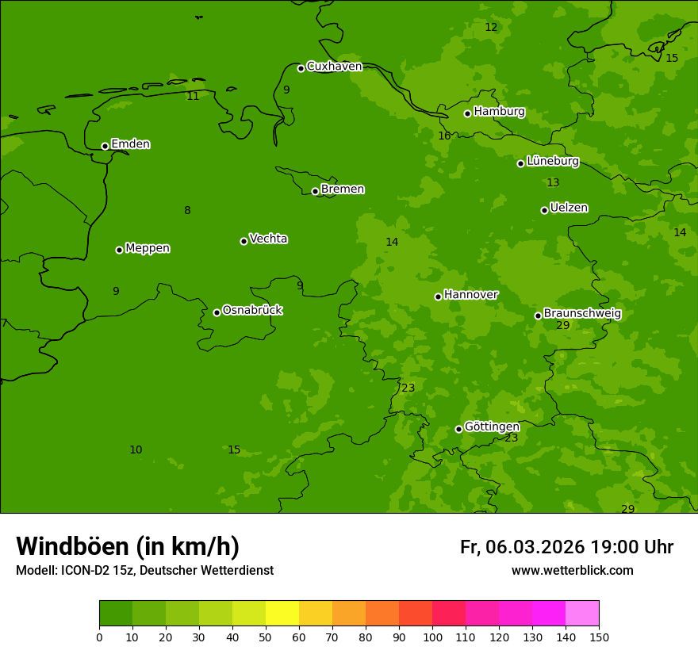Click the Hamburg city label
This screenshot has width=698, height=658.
coord(499,112)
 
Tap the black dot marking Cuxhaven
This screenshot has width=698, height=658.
coord(301,68)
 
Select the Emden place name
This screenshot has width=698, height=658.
coord(130,144)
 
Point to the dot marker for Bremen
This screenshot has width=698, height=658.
coord(315,191)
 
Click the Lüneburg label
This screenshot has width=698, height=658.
coord(552,162)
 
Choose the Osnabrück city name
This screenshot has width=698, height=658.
coord(252,311)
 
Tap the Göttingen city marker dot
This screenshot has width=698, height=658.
coord(458,429)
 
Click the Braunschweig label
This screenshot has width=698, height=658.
coord(582,314)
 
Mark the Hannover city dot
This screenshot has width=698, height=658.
coord(438,296)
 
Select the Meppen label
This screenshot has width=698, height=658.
coord(148,248)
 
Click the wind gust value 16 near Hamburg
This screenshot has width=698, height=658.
coord(444,136)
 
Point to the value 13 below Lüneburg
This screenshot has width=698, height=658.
coord(553,183)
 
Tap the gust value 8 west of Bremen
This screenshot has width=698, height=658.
coord(187,211)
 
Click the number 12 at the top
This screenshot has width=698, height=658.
coord(491,28)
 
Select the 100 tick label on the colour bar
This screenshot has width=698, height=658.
coord(432,637)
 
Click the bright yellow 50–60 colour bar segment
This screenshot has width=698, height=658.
coord(282,614)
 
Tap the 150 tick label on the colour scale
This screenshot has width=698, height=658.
coord(599,637)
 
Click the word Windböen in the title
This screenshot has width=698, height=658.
coord(71,546)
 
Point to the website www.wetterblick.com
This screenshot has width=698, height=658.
coord(572,571)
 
